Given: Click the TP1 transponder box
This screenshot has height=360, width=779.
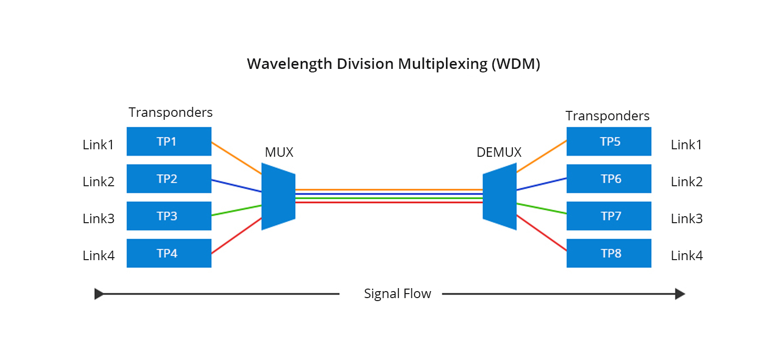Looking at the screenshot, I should coord(169,141).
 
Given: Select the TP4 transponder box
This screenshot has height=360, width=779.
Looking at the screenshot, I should coord(169,253).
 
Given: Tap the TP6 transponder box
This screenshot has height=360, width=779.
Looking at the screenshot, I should coord(609,179).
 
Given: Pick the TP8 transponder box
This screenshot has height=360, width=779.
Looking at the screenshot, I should coord(609,253).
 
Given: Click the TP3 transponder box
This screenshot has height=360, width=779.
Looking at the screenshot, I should coord(169,216).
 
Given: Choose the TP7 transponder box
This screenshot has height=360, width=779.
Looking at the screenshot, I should coord(609,216).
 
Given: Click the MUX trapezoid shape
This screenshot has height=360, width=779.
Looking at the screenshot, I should coord(279,196).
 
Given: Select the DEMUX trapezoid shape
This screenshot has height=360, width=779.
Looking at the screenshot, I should coord(499,196).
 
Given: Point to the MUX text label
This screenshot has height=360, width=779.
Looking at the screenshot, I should coord(279,152).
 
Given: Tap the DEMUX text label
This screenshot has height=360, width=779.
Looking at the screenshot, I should coord(499,152).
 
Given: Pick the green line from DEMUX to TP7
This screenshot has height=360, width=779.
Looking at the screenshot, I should coord(542,209).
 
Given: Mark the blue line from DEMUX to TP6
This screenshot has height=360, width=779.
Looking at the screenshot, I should coord(542,184).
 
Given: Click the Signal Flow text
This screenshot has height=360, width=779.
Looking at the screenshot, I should coord(397,294).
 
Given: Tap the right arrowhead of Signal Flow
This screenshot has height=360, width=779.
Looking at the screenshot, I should coord(680,294).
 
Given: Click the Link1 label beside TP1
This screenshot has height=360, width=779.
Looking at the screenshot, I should coord(98,145).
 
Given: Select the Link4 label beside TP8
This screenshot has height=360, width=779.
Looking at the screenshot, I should coord(687,256).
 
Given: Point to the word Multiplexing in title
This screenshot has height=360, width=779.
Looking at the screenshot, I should coord(442,64).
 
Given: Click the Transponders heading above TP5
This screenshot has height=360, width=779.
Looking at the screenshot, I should coord(607,116).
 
